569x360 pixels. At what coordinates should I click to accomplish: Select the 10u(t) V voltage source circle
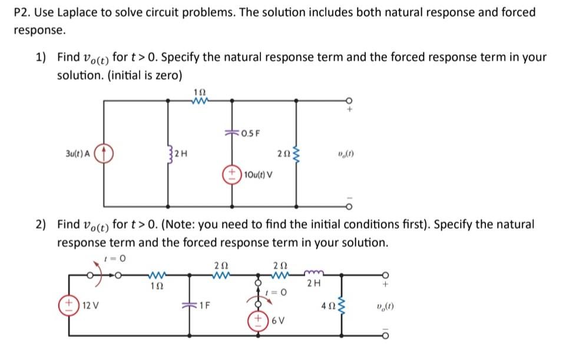[231, 174]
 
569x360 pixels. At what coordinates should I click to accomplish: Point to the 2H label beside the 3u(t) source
[181, 156]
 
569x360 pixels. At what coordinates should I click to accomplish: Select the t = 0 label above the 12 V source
[115, 257]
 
